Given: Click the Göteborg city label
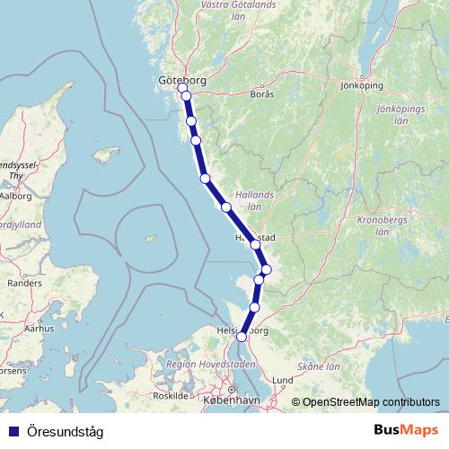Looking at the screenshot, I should pos(182,80).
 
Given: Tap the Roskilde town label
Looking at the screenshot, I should pos(171,395).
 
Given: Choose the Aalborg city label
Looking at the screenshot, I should pos(16,195).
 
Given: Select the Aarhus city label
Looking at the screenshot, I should pos(40,330).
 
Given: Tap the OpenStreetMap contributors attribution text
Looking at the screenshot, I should pos(371,402).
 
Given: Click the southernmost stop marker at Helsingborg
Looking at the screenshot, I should pos(242,337).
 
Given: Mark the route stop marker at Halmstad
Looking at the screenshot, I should pos(256,244).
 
